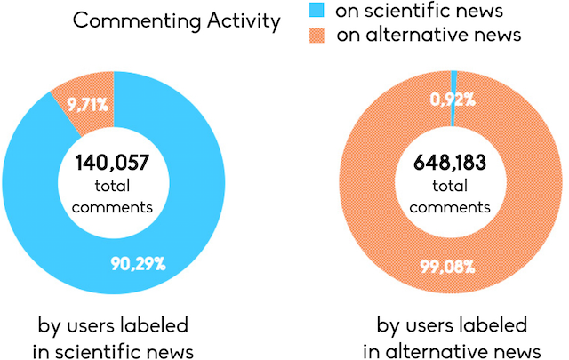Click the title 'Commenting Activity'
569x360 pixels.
176,20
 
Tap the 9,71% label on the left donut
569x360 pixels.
91,105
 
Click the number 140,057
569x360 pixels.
113,163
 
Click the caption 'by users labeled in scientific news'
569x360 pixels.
113,335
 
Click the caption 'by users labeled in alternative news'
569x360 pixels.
453,335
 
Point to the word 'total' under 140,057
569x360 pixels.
113,186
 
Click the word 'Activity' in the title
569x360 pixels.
243,20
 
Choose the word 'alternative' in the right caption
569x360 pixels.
445,348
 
